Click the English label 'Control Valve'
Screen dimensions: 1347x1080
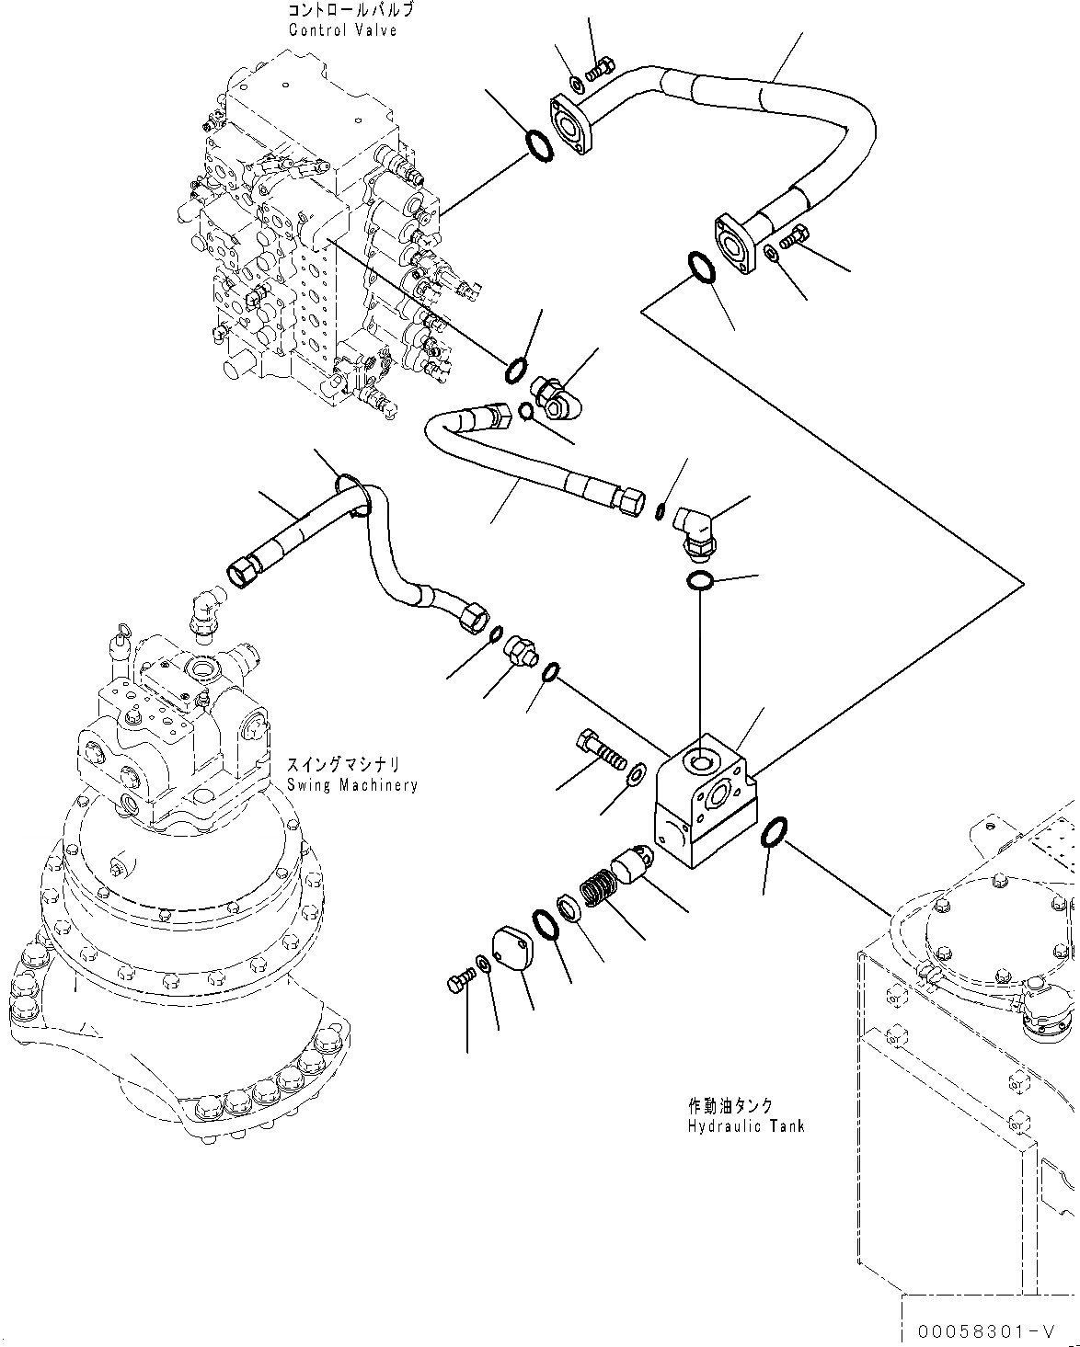tap(342, 30)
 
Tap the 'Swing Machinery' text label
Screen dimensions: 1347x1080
tap(351, 785)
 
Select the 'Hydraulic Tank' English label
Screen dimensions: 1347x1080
tap(745, 1126)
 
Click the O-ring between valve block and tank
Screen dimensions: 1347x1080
tap(771, 831)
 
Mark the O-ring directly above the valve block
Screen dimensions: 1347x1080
tap(700, 581)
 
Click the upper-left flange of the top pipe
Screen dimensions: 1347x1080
tap(571, 122)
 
